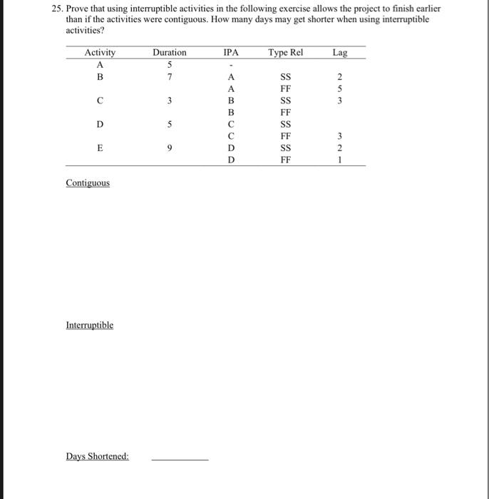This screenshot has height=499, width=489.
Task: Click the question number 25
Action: (x=56, y=9)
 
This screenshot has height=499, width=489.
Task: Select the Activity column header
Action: (x=100, y=53)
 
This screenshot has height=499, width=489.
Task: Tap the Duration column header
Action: (x=169, y=53)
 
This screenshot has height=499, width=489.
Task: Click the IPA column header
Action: (x=230, y=53)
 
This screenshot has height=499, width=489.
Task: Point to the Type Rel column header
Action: (x=285, y=53)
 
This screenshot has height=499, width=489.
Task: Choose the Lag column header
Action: (x=340, y=53)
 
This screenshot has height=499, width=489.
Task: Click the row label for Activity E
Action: (x=100, y=149)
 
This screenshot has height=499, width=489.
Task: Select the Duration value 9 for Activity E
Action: (x=169, y=149)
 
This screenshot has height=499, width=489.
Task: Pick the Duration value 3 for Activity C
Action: (x=169, y=101)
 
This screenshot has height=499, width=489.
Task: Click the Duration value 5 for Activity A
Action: (x=169, y=65)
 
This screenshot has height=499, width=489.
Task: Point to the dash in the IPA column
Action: (x=230, y=65)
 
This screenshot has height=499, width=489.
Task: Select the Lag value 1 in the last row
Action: (x=340, y=161)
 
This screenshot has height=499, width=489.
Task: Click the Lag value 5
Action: (x=340, y=89)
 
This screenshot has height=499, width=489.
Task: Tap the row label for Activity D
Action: (x=100, y=125)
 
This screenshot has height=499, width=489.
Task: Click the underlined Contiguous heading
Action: (x=88, y=183)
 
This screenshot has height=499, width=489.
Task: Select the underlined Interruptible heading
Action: (x=89, y=325)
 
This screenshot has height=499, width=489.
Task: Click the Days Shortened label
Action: (x=97, y=456)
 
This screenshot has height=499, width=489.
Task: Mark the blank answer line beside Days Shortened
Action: (x=180, y=459)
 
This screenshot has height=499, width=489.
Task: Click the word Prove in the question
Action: (x=81, y=9)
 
